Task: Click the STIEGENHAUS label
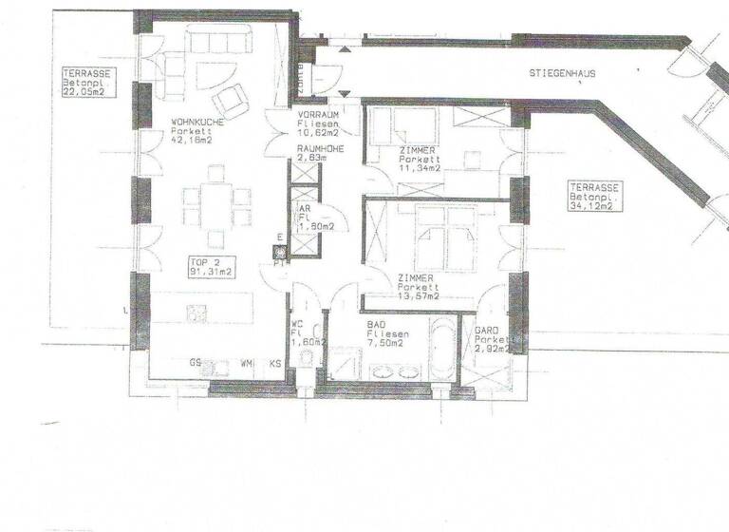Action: coord(563,73)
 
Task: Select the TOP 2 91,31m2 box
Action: coord(211,266)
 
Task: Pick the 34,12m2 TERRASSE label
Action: coord(595,195)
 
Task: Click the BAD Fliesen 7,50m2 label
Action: coord(389,334)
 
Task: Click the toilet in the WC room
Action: coord(306,359)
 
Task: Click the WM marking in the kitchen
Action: coord(245,363)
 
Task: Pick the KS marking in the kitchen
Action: coord(275,363)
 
